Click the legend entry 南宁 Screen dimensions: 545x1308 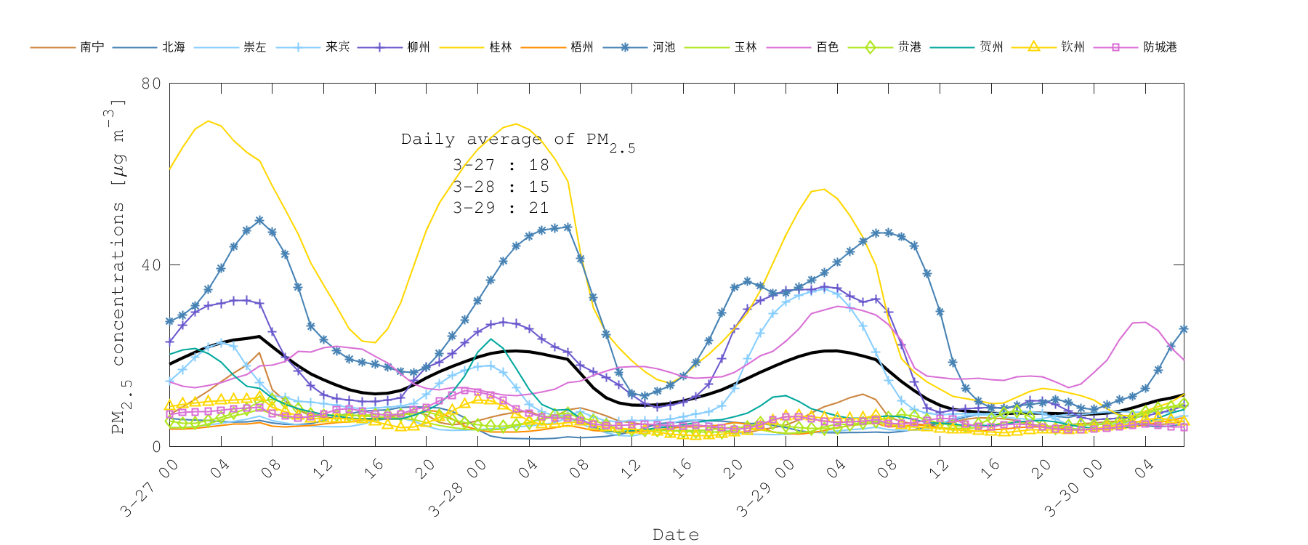[x=92, y=47]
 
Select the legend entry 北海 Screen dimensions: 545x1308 [x=173, y=47]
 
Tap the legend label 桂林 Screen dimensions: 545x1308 [x=500, y=47]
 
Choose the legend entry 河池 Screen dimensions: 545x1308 [x=663, y=47]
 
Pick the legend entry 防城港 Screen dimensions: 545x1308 [x=1159, y=47]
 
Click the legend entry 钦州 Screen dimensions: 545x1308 [x=1073, y=47]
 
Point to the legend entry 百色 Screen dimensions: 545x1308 [x=827, y=47]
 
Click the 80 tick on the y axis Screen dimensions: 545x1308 [x=151, y=84]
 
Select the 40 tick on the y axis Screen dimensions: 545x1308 [x=151, y=265]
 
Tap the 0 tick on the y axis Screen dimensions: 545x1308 [x=156, y=446]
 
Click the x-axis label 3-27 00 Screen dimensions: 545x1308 [x=150, y=488]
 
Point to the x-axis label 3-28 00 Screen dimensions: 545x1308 [x=457, y=488]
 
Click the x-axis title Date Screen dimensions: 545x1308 [x=676, y=535]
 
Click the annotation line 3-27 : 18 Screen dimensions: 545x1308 [x=501, y=166]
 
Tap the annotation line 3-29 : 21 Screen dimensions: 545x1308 [x=501, y=208]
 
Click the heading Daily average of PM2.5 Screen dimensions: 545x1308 [x=517, y=140]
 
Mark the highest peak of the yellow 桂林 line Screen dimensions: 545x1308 [x=209, y=121]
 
